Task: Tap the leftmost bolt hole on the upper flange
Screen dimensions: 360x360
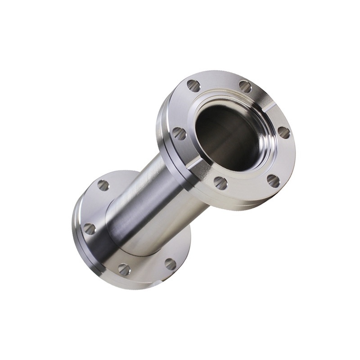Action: pos(179,133)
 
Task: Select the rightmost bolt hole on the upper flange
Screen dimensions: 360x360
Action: pos(283,132)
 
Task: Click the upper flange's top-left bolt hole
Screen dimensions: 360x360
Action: pos(193,85)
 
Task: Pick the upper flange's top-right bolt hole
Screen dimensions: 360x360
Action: pos(245,86)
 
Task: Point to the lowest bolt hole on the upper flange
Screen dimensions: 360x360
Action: pos(220,182)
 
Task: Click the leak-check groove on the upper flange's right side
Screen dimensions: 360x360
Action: pos(269,108)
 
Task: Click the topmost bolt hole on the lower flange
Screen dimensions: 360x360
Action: pos(103,185)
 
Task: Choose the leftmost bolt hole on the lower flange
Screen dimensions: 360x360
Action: pos(90,229)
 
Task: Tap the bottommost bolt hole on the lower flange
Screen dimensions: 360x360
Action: pos(124,269)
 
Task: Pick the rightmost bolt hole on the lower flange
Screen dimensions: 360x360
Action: pos(170,264)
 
